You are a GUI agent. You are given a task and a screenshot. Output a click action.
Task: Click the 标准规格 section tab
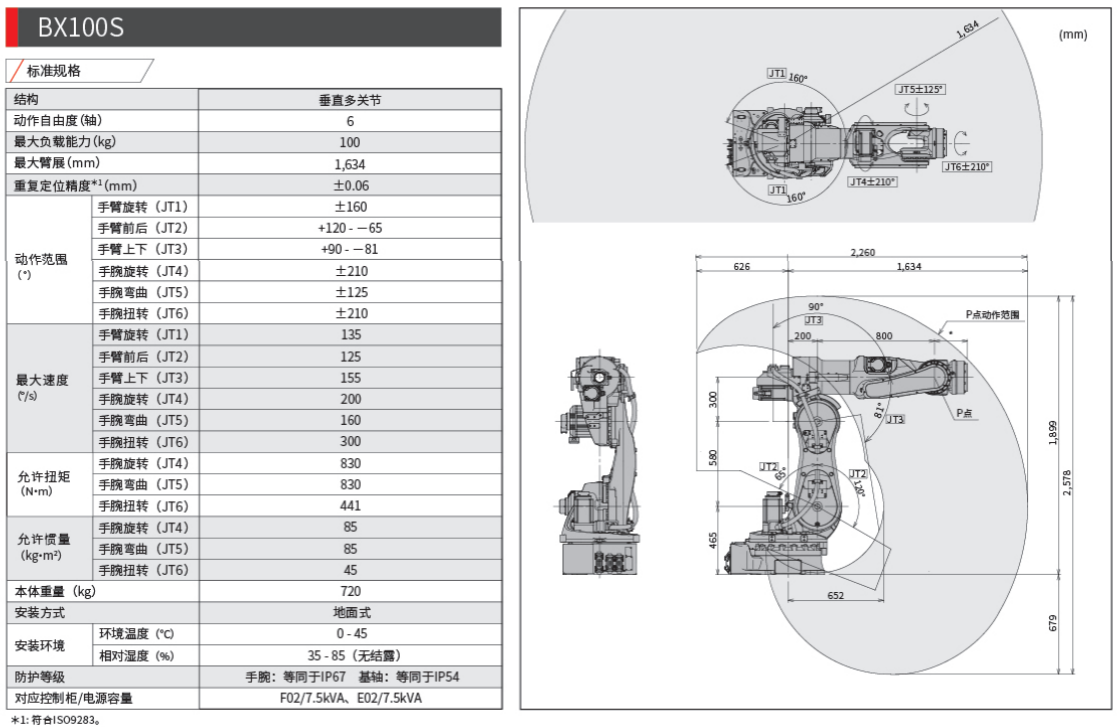point(82,71)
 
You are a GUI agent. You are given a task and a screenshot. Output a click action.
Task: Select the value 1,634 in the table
point(349,163)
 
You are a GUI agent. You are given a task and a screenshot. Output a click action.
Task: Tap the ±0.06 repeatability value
point(349,185)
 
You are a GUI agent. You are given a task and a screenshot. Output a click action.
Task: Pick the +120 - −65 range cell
point(349,228)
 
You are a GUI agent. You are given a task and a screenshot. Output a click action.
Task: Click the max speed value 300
point(349,442)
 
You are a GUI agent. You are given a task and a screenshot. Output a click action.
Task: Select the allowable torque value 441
point(349,506)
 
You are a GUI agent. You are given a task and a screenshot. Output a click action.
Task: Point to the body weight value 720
point(349,591)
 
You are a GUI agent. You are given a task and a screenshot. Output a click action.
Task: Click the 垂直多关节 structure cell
point(349,100)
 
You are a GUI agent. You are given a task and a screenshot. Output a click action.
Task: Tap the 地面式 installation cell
point(349,612)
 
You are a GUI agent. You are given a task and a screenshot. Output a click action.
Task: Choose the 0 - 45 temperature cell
point(349,634)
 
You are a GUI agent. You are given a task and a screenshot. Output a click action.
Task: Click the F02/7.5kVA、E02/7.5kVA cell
point(349,698)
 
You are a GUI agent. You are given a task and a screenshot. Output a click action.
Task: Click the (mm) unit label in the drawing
point(1072,34)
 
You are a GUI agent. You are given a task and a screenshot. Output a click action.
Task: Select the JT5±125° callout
point(920,89)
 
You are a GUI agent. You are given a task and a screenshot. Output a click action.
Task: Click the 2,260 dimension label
point(862,253)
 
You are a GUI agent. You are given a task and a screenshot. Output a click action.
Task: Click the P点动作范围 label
point(992,314)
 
